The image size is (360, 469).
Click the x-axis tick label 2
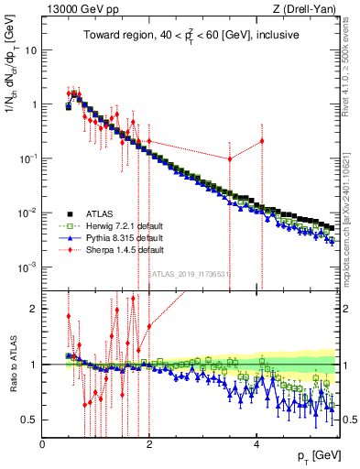point(149,444)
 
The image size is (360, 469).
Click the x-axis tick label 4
point(256,444)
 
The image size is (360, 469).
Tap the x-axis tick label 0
point(43,444)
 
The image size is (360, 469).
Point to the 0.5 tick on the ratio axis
point(30,420)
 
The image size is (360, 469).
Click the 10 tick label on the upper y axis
point(30,49)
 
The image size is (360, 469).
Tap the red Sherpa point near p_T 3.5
point(230,158)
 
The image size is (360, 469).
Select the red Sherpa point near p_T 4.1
point(262,141)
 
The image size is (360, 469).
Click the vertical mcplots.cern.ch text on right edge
point(353,229)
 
